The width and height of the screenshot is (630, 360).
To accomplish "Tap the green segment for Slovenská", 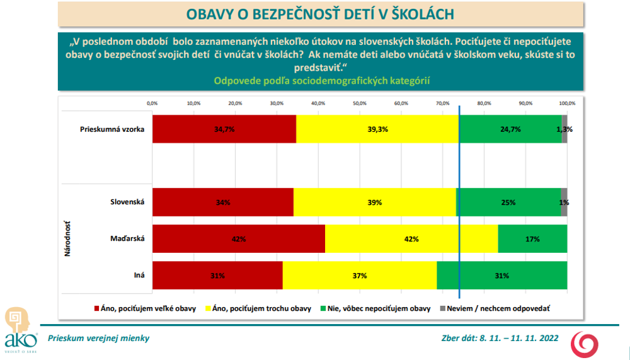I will pyautogui.click(x=508, y=202).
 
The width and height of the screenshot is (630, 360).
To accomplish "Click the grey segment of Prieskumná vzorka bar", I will pyautogui.click(x=564, y=129).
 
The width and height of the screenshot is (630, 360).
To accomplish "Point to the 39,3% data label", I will pyautogui.click(x=378, y=129).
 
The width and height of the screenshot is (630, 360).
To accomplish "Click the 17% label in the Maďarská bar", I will pyautogui.click(x=533, y=240).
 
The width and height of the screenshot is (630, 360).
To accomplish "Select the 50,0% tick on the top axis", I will pyautogui.click(x=359, y=103).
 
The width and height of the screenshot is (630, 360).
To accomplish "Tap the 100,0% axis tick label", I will pyautogui.click(x=567, y=103).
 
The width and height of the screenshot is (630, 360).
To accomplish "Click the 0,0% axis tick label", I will pyautogui.click(x=152, y=103).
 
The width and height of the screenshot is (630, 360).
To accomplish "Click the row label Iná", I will pyautogui.click(x=139, y=276).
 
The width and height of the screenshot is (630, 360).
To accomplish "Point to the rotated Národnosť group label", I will pyautogui.click(x=67, y=238).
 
